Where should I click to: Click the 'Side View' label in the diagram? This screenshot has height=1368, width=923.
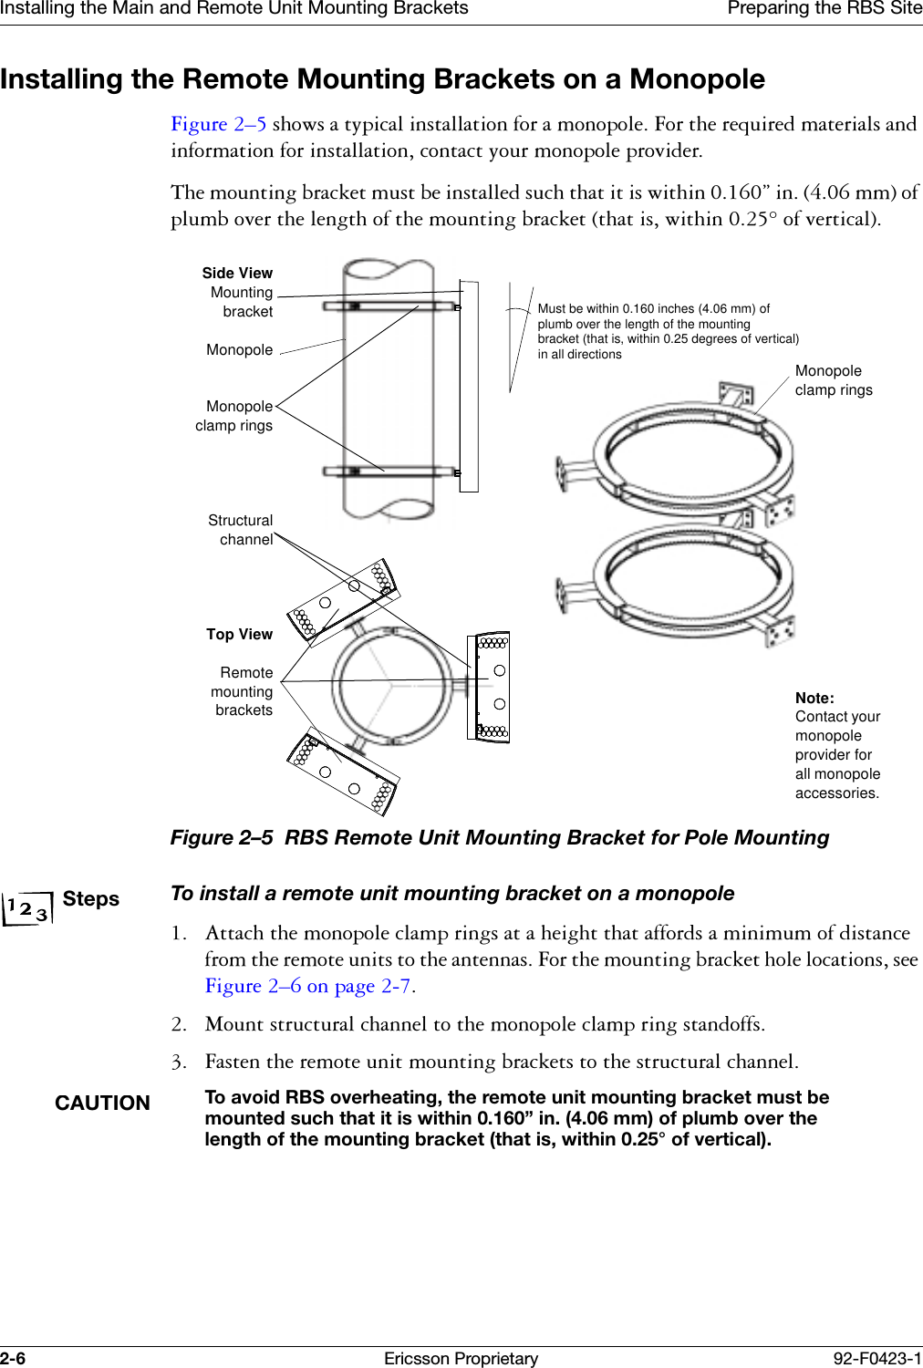tap(237, 273)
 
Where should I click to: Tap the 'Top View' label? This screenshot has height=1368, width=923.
tap(239, 634)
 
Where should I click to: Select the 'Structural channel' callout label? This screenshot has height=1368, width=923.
tap(241, 530)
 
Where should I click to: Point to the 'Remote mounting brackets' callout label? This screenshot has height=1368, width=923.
tap(243, 691)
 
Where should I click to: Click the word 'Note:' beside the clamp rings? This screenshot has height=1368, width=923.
tap(814, 698)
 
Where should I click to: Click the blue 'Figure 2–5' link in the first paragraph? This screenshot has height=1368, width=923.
tap(218, 124)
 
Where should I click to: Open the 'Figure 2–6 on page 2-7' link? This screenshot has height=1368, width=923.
tap(308, 986)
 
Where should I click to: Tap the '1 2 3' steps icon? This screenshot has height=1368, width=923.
tap(27, 908)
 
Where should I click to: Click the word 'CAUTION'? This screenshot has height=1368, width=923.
tap(102, 1103)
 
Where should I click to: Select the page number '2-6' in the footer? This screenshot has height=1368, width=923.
tap(13, 1358)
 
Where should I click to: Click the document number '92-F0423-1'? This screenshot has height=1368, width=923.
tap(876, 1358)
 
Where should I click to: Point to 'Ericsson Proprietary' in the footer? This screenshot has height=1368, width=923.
tap(461, 1358)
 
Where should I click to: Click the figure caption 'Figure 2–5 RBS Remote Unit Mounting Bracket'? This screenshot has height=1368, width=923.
tap(499, 837)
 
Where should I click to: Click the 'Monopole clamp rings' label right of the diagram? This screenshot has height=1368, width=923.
tap(833, 380)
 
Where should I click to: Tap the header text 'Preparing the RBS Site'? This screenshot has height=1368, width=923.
tap(824, 9)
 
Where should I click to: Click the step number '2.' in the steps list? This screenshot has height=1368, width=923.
tap(179, 1024)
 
